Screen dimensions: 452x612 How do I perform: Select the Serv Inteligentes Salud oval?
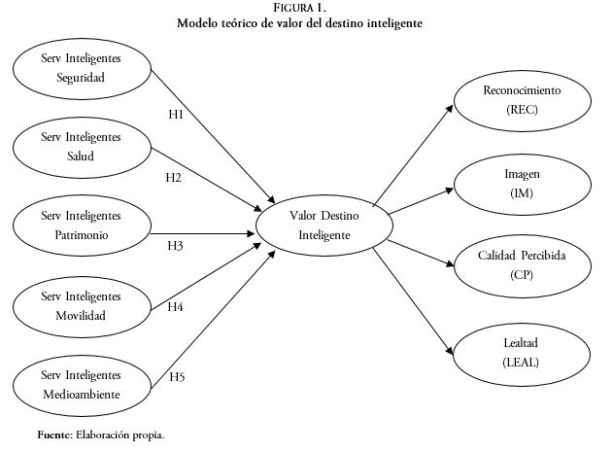pyautogui.click(x=82, y=147)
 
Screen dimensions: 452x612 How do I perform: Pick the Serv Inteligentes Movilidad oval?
pyautogui.click(x=82, y=305)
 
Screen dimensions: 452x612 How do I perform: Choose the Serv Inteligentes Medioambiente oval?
pyautogui.click(x=82, y=384)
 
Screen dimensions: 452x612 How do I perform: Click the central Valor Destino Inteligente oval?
pyautogui.click(x=323, y=226)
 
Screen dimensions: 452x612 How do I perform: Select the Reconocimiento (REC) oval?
pyautogui.click(x=522, y=101)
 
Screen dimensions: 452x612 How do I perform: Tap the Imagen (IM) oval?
pyautogui.click(x=522, y=183)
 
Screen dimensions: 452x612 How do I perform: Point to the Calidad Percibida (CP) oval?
pyautogui.click(x=522, y=265)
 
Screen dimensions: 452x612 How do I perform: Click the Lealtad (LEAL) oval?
pyautogui.click(x=522, y=352)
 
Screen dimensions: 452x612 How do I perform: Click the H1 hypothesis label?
pyautogui.click(x=176, y=114)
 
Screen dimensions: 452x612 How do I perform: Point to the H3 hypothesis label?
pyautogui.click(x=175, y=246)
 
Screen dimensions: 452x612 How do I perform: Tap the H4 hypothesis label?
pyautogui.click(x=176, y=307)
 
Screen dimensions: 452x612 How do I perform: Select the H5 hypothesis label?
pyautogui.click(x=178, y=376)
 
